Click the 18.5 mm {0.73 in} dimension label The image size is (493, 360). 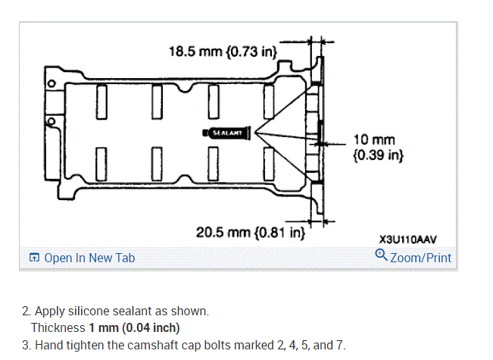click(223, 52)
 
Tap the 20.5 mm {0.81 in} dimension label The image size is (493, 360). click(250, 233)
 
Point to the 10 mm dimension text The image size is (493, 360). click(374, 139)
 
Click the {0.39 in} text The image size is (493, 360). click(378, 155)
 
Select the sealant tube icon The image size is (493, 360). click(226, 133)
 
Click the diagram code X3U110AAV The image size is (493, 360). click(407, 239)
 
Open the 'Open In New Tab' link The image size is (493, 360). click(89, 258)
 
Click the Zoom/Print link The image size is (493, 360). click(421, 258)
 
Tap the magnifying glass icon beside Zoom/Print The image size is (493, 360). click(381, 255)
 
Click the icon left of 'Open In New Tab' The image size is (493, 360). click(34, 258)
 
